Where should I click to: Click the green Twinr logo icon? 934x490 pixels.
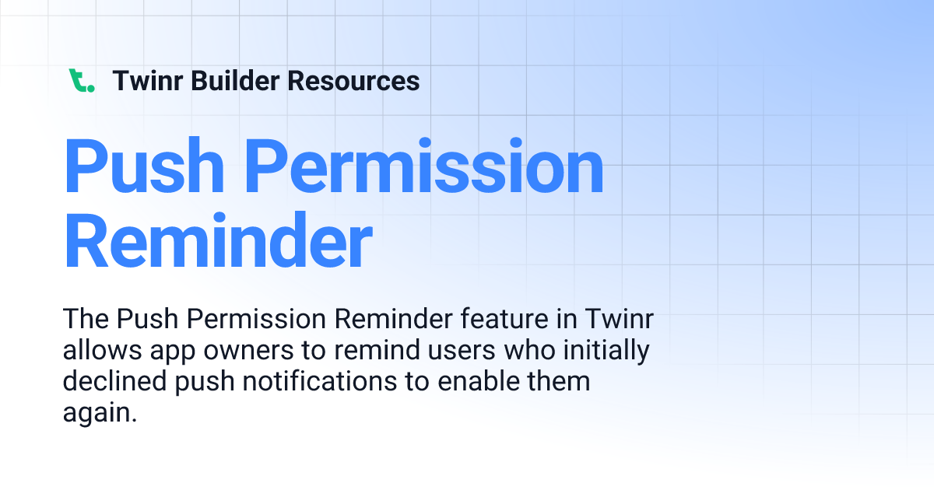point(81,80)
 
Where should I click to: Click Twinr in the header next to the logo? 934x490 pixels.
point(146,80)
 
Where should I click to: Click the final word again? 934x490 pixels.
point(100,413)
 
